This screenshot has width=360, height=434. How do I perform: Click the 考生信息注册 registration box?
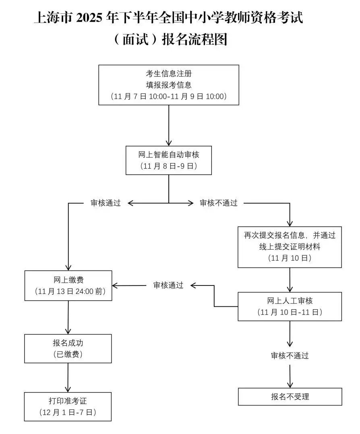(169, 85)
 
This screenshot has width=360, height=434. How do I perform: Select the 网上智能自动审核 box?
(169, 160)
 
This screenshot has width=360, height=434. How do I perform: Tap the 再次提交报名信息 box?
(290, 247)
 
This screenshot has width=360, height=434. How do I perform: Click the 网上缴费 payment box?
(68, 285)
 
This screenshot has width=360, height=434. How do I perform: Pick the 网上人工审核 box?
(290, 306)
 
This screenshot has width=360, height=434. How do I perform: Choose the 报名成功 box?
(68, 348)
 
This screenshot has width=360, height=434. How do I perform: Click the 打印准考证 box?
(68, 407)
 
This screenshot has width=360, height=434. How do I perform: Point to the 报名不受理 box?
(290, 397)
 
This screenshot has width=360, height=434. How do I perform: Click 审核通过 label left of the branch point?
(106, 203)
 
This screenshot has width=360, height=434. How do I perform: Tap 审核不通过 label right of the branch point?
(219, 203)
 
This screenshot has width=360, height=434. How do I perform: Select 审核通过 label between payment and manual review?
(168, 285)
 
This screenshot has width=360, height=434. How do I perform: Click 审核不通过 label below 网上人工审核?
(290, 356)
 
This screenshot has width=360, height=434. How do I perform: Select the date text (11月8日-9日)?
(169, 166)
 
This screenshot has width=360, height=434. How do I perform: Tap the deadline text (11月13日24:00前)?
(68, 291)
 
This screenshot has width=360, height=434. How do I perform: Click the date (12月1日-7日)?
(68, 412)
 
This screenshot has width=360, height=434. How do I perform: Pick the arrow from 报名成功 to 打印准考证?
(68, 378)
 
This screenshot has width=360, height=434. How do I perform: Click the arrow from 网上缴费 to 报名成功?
(68, 317)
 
